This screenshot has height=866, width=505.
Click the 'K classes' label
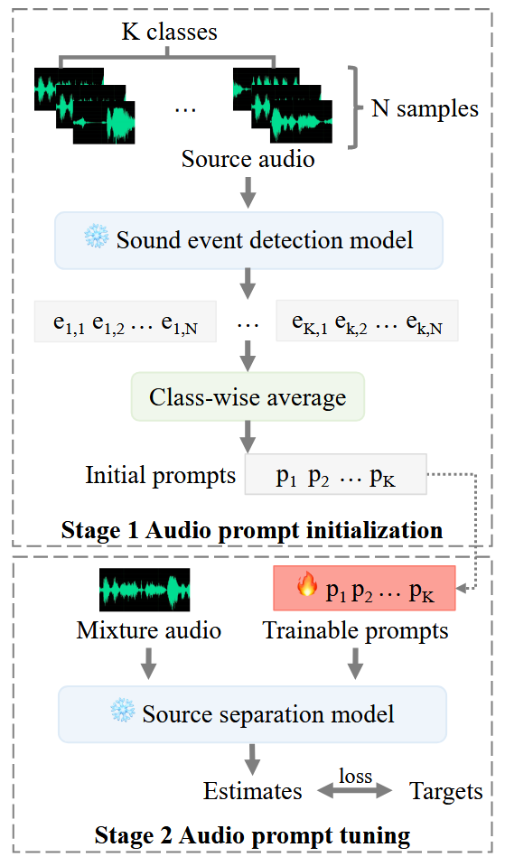(169, 32)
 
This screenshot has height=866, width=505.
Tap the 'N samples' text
(425, 108)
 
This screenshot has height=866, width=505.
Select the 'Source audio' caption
(248, 159)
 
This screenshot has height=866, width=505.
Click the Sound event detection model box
(248, 240)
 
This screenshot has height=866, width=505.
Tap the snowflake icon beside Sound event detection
(96, 237)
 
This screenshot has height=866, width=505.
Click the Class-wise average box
(248, 396)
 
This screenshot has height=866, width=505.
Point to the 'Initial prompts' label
(160, 475)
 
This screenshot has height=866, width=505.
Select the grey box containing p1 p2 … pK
(336, 474)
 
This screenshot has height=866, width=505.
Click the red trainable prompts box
(365, 588)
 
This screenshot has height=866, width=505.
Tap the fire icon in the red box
(307, 584)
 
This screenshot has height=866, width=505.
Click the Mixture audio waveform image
(145, 590)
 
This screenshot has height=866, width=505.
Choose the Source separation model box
(253, 714)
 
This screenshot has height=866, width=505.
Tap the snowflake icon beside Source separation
(123, 711)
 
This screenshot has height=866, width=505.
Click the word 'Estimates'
(253, 791)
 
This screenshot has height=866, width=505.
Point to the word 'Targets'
(446, 791)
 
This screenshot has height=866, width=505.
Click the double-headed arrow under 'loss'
(355, 791)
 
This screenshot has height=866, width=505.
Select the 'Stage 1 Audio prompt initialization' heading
(252, 530)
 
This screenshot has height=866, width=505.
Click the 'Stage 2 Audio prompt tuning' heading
(253, 834)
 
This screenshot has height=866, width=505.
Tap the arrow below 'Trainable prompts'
(355, 663)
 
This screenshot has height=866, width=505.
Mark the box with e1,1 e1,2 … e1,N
(126, 321)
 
